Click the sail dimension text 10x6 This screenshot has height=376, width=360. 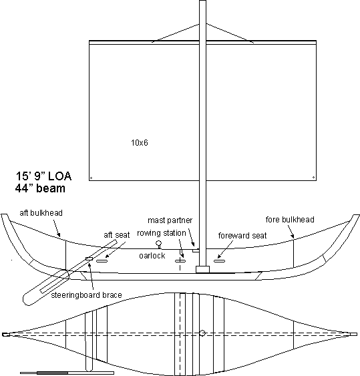(x=140, y=143)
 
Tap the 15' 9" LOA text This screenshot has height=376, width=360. (x=43, y=176)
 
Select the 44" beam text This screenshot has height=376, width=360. (x=40, y=188)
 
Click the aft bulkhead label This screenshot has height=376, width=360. (x=41, y=212)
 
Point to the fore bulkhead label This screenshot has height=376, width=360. (x=290, y=220)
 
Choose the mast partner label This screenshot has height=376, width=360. (x=170, y=220)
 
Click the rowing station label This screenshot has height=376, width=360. (x=162, y=233)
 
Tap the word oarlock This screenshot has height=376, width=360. (x=152, y=256)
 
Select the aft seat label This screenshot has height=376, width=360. (x=117, y=235)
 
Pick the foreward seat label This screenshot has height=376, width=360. (x=242, y=236)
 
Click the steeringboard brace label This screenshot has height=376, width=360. (x=86, y=295)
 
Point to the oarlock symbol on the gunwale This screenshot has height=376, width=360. (x=158, y=244)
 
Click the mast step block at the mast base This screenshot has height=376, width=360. (x=202, y=269)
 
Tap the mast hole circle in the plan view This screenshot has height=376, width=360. (x=202, y=333)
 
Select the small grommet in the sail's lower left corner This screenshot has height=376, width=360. (x=91, y=178)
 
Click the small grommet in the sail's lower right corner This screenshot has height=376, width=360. (x=313, y=178)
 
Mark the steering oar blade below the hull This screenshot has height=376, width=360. (x=45, y=287)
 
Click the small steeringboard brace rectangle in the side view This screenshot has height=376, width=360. (x=89, y=258)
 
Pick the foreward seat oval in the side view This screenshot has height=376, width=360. (x=220, y=261)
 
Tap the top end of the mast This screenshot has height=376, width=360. (x=202, y=1)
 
